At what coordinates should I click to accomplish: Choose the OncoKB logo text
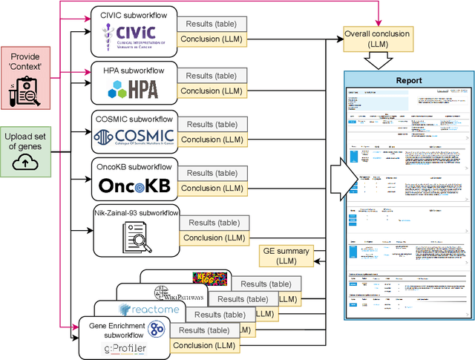(134, 186)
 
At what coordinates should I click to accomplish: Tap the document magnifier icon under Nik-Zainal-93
(134, 237)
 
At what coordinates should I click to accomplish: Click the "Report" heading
(409, 80)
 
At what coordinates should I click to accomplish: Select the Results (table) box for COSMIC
(212, 125)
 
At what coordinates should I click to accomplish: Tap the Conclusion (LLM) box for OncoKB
(212, 188)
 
